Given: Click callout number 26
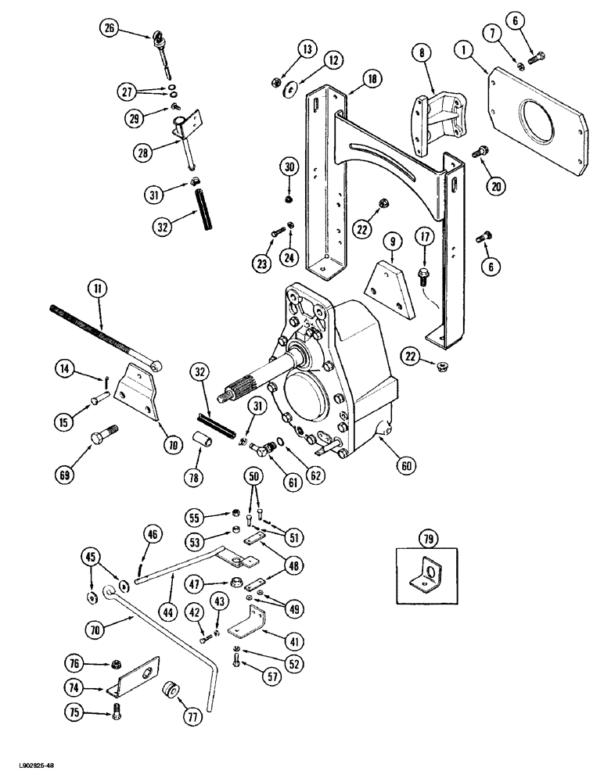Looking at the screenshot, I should [x=110, y=29].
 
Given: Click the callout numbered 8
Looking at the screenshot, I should [x=422, y=55].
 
